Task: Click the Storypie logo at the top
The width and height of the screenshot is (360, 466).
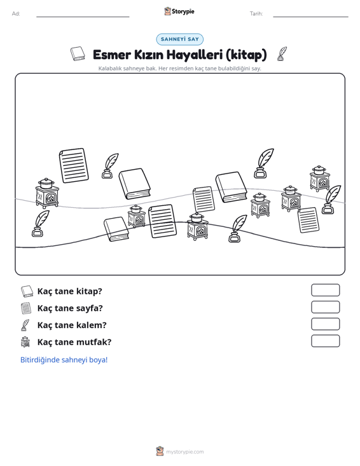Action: coord(179,11)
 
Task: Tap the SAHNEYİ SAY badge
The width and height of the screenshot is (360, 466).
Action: coord(180,39)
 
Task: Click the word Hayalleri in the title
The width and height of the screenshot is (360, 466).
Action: coord(195,55)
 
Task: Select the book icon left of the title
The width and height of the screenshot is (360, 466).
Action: coord(78,54)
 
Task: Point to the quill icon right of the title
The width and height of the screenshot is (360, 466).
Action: coord(282,54)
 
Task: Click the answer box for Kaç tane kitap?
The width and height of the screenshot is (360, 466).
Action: coord(325,290)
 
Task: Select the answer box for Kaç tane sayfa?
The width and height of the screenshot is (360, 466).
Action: coord(325,307)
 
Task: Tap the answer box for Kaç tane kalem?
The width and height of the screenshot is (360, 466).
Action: coord(325,324)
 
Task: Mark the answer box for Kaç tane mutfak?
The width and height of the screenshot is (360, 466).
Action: coord(325,341)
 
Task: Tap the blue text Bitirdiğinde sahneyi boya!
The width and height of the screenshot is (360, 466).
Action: coord(64,360)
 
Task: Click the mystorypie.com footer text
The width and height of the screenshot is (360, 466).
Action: coord(184,452)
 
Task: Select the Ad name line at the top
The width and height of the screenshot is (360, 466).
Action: coord(83,17)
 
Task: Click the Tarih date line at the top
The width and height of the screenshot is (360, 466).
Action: coord(310,17)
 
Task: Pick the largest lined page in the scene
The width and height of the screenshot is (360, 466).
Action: coord(74,165)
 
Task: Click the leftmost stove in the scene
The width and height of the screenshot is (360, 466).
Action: coord(47,193)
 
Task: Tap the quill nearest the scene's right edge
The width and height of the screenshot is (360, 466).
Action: coord(331,200)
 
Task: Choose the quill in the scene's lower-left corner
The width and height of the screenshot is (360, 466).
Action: coord(41,224)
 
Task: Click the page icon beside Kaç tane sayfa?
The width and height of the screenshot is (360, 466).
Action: coord(26,308)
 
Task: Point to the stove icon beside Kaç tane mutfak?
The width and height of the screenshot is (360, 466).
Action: coord(26,342)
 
